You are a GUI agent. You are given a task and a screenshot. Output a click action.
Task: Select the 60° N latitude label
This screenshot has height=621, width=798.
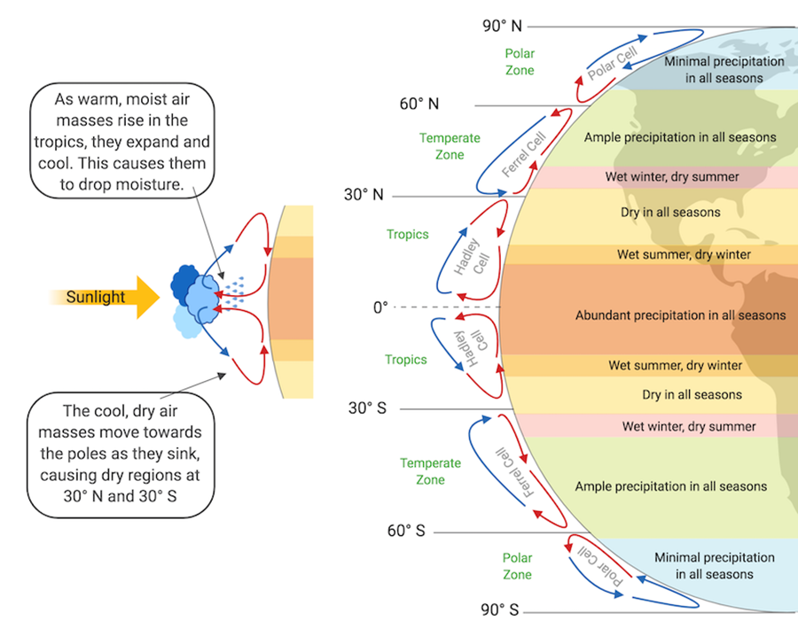coord(419,104)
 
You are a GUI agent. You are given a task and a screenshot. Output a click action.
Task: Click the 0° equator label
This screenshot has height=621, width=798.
coord(380,307)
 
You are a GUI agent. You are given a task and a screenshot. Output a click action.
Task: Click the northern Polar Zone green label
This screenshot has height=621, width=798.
coord(519,61)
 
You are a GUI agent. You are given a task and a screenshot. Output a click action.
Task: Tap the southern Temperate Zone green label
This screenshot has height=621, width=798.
coord(430,471)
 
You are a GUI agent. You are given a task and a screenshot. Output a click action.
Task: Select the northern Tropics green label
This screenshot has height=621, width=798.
coord(407,235)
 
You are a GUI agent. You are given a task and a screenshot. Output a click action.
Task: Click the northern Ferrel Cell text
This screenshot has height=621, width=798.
coord(520,155)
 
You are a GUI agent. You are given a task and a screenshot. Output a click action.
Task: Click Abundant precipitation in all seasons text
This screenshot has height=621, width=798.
coord(680,315)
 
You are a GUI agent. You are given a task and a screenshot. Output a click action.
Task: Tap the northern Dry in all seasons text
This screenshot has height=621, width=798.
coord(670,213)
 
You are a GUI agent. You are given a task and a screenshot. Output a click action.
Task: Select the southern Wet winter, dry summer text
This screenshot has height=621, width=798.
coord(689,426)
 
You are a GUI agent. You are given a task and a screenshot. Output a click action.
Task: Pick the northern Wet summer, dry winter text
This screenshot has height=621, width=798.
coord(684,255)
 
